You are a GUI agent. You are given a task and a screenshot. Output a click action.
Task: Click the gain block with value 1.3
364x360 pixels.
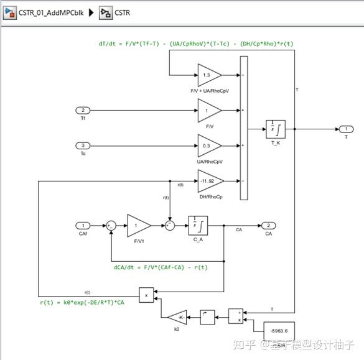pyautogui.click(x=208, y=75)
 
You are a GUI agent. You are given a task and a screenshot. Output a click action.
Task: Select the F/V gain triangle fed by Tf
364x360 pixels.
pyautogui.click(x=208, y=111)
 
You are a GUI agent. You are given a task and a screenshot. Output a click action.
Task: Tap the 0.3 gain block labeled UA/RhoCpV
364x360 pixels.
pyautogui.click(x=208, y=146)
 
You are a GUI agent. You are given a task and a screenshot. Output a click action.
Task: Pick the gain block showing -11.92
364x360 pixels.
pyautogui.click(x=208, y=182)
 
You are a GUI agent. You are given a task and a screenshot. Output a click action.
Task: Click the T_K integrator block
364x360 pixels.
pyautogui.click(x=274, y=129)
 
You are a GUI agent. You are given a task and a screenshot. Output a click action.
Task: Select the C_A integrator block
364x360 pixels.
pyautogui.click(x=198, y=225)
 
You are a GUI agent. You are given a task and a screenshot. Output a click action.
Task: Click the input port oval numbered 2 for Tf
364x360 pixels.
pyautogui.click(x=83, y=111)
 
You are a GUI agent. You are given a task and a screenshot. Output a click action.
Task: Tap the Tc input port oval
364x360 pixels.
pyautogui.click(x=83, y=146)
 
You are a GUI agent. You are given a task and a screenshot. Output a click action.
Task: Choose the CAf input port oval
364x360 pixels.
pyautogui.click(x=83, y=225)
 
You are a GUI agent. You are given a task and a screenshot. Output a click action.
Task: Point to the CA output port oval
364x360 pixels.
pyautogui.click(x=268, y=225)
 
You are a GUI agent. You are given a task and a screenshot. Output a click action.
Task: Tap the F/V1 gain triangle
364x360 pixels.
pyautogui.click(x=138, y=225)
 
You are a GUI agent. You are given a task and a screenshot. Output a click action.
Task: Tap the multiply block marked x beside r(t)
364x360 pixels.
pyautogui.click(x=146, y=295)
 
